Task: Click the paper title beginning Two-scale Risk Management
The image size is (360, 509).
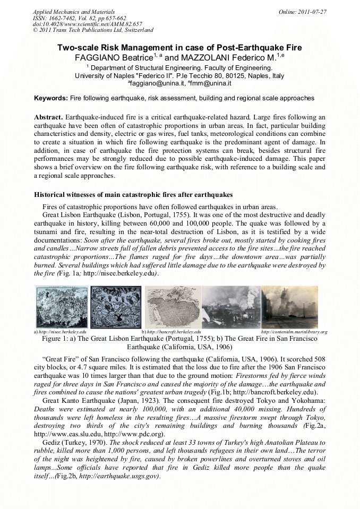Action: [179, 47]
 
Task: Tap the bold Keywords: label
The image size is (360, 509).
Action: [51, 98]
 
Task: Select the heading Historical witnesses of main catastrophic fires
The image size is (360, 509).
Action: [133, 195]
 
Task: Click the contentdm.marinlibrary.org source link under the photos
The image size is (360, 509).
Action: [294, 332]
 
